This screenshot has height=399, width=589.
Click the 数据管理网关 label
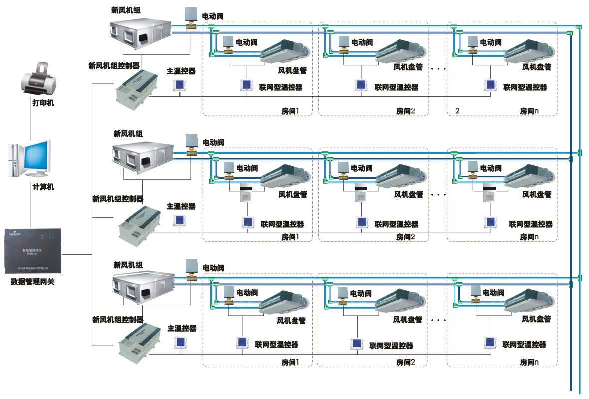point(32,282)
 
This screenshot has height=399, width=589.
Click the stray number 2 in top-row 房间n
point(457,110)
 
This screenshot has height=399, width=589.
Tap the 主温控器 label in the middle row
point(181,206)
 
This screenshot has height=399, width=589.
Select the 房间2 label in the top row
point(406,110)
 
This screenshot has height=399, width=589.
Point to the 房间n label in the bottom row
point(529,362)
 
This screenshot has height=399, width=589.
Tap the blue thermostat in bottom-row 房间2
point(357,344)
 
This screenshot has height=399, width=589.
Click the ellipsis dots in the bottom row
point(438,319)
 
